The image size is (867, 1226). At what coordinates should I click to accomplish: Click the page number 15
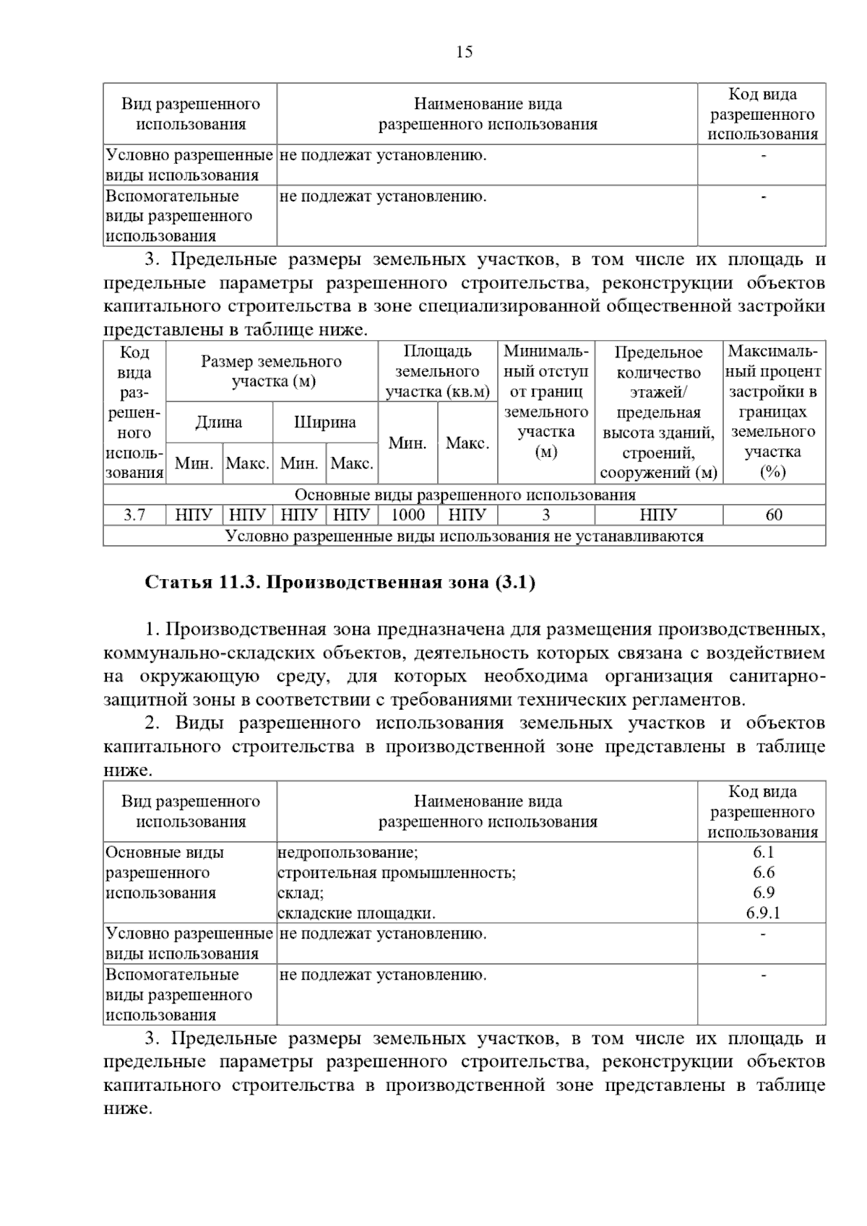pos(465,52)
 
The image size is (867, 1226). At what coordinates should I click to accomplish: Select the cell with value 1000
pos(407,515)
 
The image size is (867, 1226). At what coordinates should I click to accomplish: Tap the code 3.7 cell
pos(134,515)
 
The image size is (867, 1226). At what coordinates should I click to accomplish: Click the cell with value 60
pos(773,515)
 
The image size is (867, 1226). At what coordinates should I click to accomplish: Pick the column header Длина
pos(219,422)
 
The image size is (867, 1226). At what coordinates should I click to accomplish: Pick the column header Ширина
pos(325,422)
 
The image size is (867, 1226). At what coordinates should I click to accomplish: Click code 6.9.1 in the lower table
pos(763,913)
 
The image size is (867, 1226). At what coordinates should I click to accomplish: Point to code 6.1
pos(763,852)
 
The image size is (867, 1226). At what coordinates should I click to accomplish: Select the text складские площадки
pos(357,913)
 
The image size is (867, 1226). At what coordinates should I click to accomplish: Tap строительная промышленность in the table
pos(397,872)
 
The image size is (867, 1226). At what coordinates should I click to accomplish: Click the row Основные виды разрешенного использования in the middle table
pos(465,495)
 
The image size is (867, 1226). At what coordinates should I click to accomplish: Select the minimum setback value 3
pos(546,515)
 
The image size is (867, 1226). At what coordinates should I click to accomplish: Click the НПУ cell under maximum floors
pos(658,515)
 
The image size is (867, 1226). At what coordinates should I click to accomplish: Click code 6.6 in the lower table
pos(763,872)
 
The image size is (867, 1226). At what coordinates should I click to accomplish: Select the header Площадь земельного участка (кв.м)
pos(438,372)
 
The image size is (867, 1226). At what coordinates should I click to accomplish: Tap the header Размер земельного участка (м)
pos(272,371)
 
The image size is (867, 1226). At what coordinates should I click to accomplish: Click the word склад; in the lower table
pos(301,892)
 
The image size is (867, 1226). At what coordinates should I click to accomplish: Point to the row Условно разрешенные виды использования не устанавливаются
pos(465,536)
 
